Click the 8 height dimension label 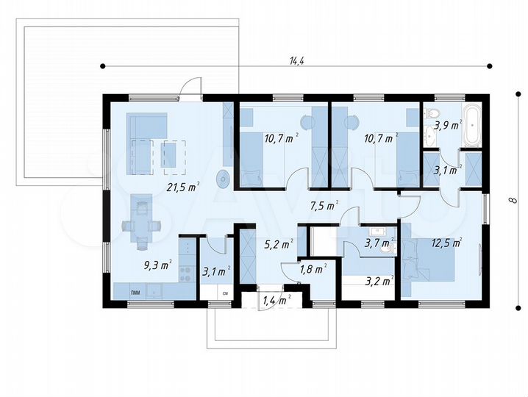coord(511,201)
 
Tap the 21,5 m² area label coord(184,187)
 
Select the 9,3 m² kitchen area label coord(158,265)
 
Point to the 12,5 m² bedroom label coord(446,243)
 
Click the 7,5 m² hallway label coord(324,206)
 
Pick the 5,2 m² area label coord(279,245)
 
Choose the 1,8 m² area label coord(313,268)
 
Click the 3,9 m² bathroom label coord(448,126)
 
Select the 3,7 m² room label coord(379,243)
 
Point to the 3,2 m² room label coord(380,281)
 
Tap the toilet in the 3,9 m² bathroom coord(431,112)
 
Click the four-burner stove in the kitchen coord(185,273)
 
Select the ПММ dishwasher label coord(136,293)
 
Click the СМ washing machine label coord(225,293)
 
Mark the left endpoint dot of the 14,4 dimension coord(103,65)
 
